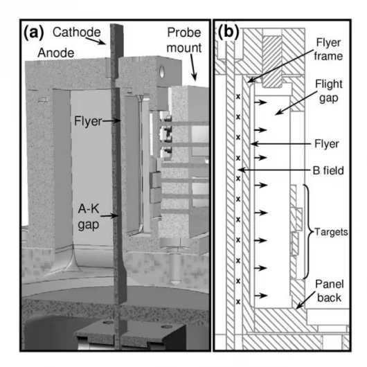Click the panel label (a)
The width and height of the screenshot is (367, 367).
(x=35, y=32)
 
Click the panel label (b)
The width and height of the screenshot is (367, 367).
(x=230, y=32)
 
